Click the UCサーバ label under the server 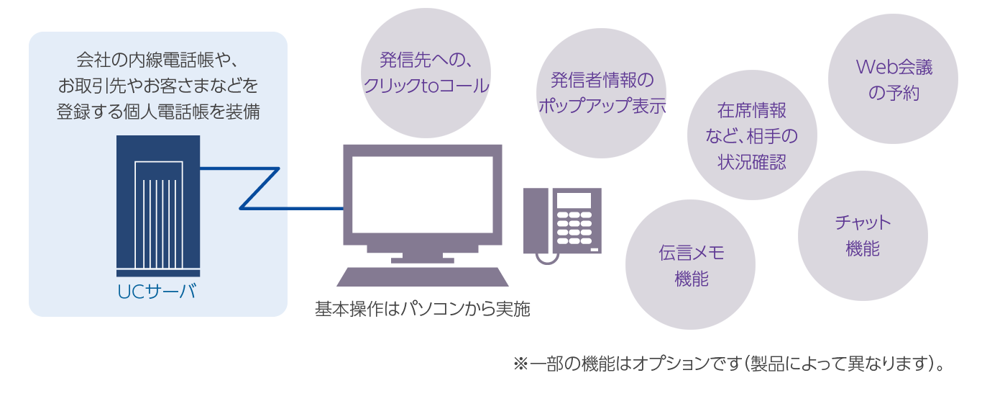157,292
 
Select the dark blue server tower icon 158,205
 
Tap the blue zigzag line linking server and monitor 259,189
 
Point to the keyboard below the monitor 423,277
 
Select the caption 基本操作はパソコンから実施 423,310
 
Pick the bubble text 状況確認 752,162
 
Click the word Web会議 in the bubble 894,68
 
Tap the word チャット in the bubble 863,222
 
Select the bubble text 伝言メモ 691,253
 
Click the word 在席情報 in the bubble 752,111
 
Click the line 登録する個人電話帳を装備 158,112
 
